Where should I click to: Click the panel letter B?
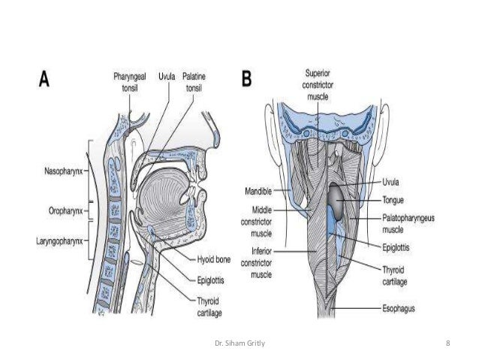245,78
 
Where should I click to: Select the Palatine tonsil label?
197,81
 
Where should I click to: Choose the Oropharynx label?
63,202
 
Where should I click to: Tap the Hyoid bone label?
212,259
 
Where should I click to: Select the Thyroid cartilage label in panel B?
404,272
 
